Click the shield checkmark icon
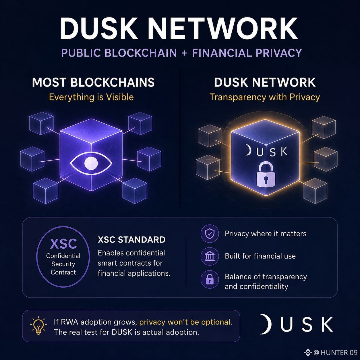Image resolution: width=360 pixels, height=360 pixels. point(210,233)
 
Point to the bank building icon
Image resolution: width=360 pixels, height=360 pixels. point(210,256)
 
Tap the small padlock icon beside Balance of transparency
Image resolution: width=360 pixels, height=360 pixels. point(210,280)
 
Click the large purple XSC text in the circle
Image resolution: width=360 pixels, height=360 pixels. point(63,243)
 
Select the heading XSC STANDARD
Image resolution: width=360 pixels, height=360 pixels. point(131,240)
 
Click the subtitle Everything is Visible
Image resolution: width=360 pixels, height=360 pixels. point(91,97)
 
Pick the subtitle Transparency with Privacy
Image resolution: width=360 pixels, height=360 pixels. point(265,97)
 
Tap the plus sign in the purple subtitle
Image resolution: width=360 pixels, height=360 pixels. point(184,53)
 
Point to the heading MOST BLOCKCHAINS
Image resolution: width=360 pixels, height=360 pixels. point(93,82)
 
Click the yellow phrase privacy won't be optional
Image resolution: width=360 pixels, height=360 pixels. point(186,322)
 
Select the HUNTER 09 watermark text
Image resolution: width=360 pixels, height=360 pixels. point(339,353)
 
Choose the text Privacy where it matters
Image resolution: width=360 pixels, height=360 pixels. point(266,234)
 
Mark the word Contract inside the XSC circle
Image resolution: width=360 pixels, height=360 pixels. point(63,272)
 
